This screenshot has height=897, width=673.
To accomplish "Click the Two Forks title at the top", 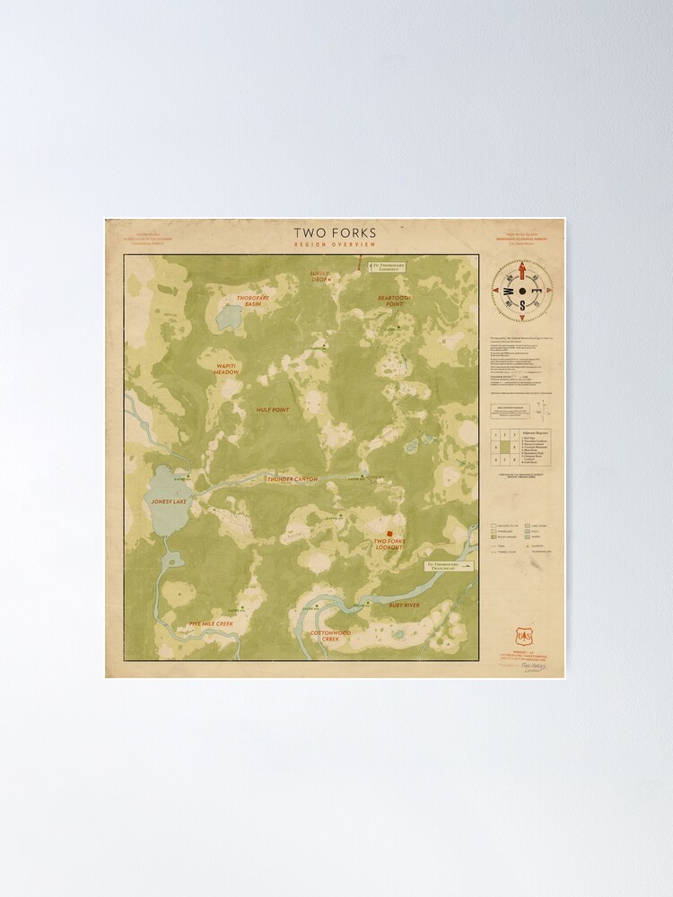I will coord(335,233).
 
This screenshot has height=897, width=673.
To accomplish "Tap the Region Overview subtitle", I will coord(335,245).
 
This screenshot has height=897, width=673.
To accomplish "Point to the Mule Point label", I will coord(272,410).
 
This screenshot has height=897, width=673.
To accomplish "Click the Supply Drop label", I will coord(320,275).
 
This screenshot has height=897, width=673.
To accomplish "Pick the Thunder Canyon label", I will coord(292,479).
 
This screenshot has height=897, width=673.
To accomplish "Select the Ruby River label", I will coord(404,605).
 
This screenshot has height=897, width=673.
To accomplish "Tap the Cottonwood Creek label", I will coord(331,636).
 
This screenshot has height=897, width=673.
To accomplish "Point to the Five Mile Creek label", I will coord(211,623).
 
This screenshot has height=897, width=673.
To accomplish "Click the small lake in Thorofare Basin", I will coord(229,317).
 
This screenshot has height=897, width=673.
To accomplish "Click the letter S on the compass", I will coord(520,304).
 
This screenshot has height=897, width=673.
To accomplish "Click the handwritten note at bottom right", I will coord(535,669).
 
